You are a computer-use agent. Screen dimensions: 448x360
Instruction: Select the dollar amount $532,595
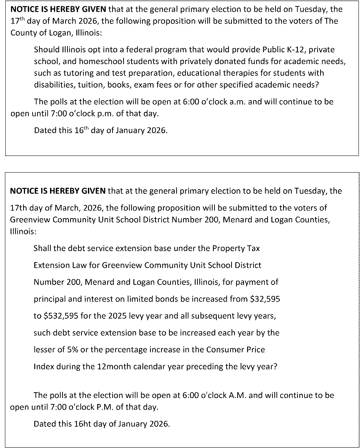(52, 316)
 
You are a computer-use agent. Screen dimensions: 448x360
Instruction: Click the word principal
(49, 299)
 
